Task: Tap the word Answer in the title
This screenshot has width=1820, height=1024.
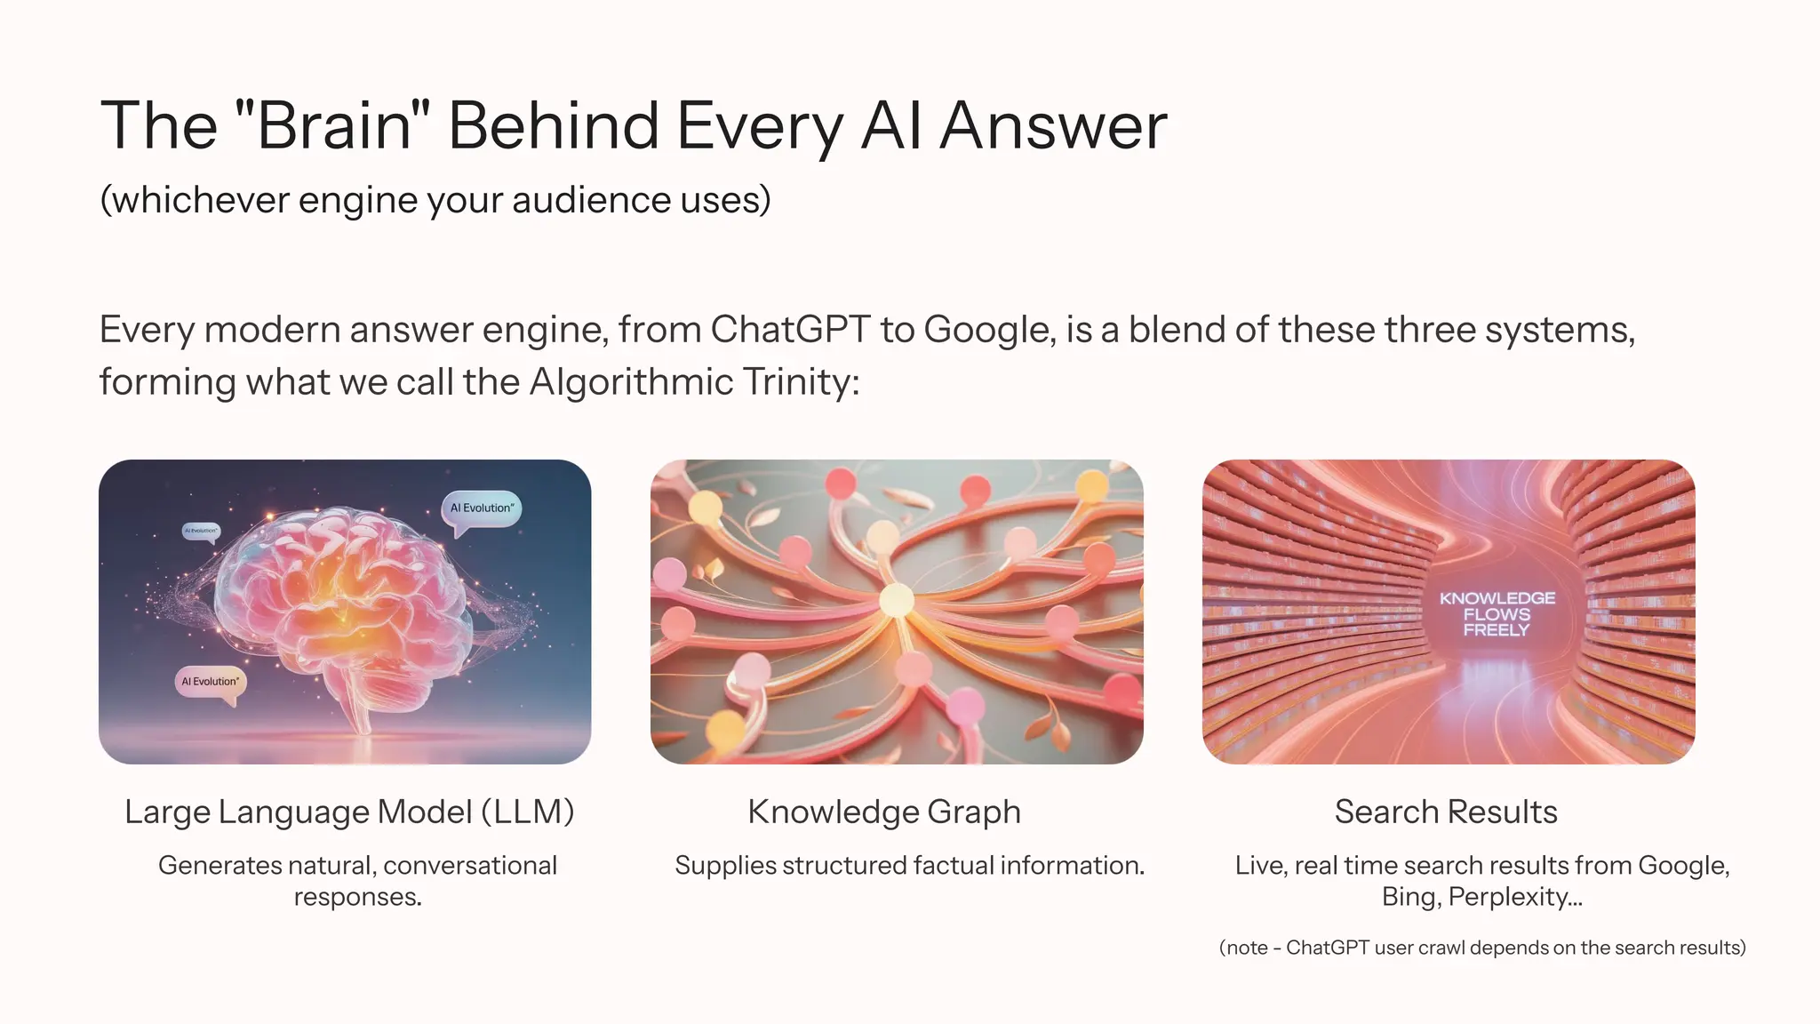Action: click(1053, 125)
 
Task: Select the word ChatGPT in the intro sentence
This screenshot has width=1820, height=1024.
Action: click(790, 330)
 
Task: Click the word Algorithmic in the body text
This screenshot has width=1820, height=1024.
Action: click(631, 382)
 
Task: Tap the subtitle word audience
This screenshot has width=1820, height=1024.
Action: click(591, 200)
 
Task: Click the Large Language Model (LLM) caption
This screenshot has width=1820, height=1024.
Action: click(349, 812)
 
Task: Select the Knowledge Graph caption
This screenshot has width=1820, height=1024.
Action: click(884, 812)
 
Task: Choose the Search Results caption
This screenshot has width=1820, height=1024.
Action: click(1446, 812)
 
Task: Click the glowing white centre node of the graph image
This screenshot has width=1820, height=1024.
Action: click(896, 602)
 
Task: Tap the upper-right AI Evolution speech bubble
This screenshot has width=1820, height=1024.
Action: click(481, 508)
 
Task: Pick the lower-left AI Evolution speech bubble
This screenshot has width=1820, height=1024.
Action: click(210, 682)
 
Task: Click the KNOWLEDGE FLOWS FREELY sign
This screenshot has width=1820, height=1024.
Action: click(1497, 614)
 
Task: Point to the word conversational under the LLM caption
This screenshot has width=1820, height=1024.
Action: click(470, 865)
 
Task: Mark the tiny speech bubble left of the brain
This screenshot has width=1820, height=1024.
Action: click(201, 531)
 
